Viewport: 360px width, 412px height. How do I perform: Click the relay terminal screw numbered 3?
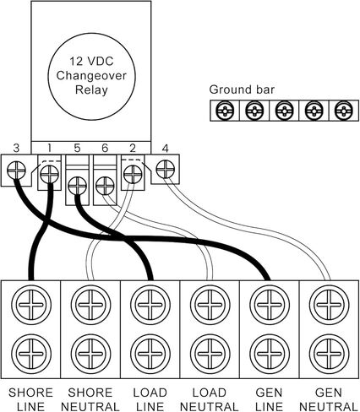[16, 171]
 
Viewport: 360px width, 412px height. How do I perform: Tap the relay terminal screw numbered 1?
[49, 175]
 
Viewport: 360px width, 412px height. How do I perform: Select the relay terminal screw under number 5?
[77, 186]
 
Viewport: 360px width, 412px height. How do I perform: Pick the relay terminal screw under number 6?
[105, 186]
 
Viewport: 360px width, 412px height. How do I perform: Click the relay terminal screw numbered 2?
[133, 175]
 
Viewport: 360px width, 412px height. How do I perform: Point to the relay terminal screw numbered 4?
[165, 169]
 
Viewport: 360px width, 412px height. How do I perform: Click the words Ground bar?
[242, 89]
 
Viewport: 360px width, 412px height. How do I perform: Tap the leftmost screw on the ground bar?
[225, 111]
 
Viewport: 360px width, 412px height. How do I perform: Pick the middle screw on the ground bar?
[285, 111]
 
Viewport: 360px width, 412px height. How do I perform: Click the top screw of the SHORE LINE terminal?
[31, 305]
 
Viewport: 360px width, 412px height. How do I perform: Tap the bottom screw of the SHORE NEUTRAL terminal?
[90, 354]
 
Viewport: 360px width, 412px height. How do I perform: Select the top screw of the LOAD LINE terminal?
[150, 305]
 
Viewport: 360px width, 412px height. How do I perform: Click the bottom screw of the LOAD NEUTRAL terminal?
[210, 354]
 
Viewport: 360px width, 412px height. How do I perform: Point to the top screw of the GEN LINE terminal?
[270, 305]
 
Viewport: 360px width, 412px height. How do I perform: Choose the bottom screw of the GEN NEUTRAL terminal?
[330, 354]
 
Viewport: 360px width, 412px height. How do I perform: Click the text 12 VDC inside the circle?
[91, 61]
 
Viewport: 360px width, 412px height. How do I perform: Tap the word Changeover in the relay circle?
[91, 75]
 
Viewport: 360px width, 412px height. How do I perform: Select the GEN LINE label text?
[269, 399]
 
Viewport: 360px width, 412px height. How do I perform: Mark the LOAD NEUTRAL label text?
[209, 399]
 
